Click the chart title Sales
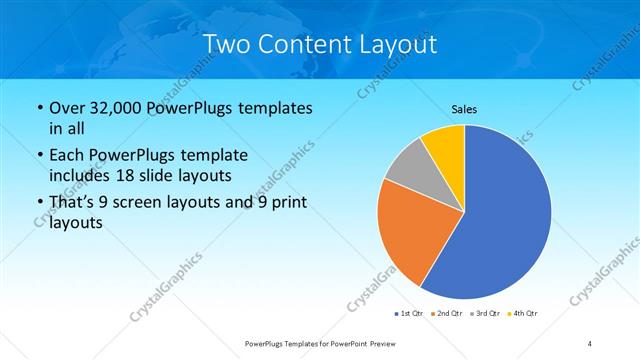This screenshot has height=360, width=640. coord(464,108)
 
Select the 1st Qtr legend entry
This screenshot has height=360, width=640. coord(408,314)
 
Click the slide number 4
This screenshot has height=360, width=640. coord(590,343)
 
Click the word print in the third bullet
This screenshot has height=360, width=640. coord(291,203)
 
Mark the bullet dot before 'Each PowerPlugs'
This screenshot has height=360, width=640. coord(39,156)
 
